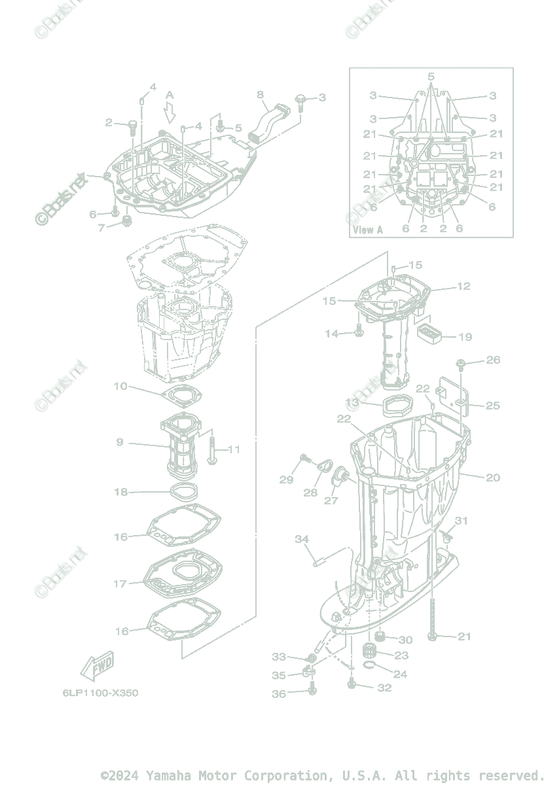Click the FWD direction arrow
pyautogui.click(x=97, y=666)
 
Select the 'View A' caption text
pyautogui.click(x=368, y=230)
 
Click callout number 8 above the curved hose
pyautogui.click(x=261, y=94)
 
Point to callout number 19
pyautogui.click(x=465, y=338)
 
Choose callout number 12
pyautogui.click(x=463, y=287)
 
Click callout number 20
pyautogui.click(x=492, y=478)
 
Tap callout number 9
pyautogui.click(x=120, y=442)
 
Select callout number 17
pyautogui.click(x=120, y=584)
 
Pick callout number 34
pyautogui.click(x=302, y=539)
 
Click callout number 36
pyautogui.click(x=279, y=694)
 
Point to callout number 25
pyautogui.click(x=492, y=406)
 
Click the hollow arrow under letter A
pyautogui.click(x=170, y=115)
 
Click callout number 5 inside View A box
pyautogui.click(x=431, y=77)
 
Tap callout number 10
pyautogui.click(x=120, y=387)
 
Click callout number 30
pyautogui.click(x=405, y=640)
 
